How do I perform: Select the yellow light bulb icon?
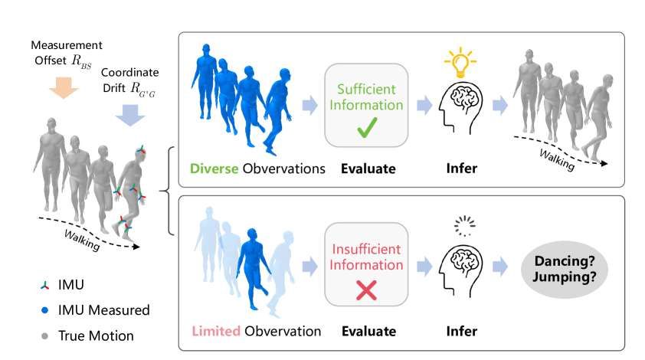coord(460,62)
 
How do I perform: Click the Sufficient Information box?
coord(364,106)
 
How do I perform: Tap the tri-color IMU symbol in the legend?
coord(45,284)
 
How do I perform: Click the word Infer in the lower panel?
coord(461,331)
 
